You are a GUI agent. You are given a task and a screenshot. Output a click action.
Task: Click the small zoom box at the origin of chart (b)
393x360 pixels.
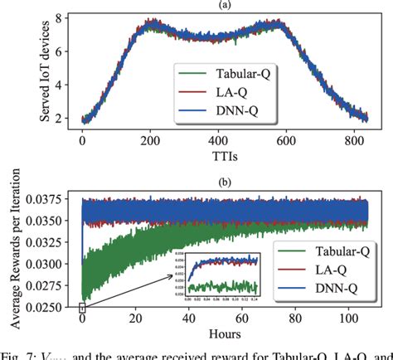(80, 309)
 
